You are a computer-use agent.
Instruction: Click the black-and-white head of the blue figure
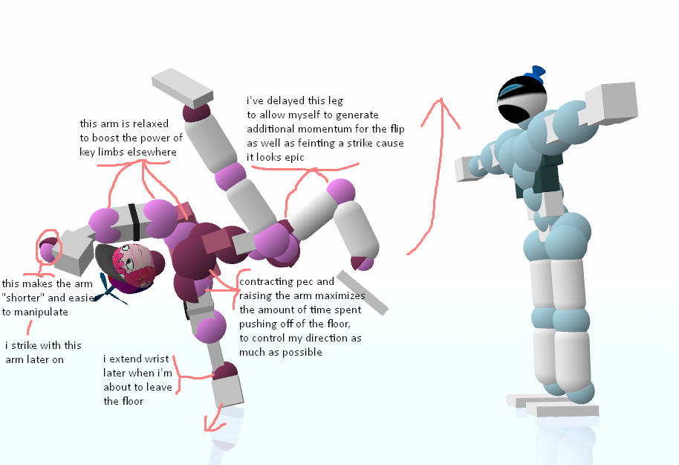pos(522,100)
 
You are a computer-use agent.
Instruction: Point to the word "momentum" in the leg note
pos(319,129)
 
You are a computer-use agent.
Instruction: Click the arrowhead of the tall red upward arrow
pos(443,105)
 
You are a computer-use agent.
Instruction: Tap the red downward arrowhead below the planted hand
pos(214,426)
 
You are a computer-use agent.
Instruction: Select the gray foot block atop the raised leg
pos(183,86)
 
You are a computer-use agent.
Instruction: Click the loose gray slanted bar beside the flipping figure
pos(362,292)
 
